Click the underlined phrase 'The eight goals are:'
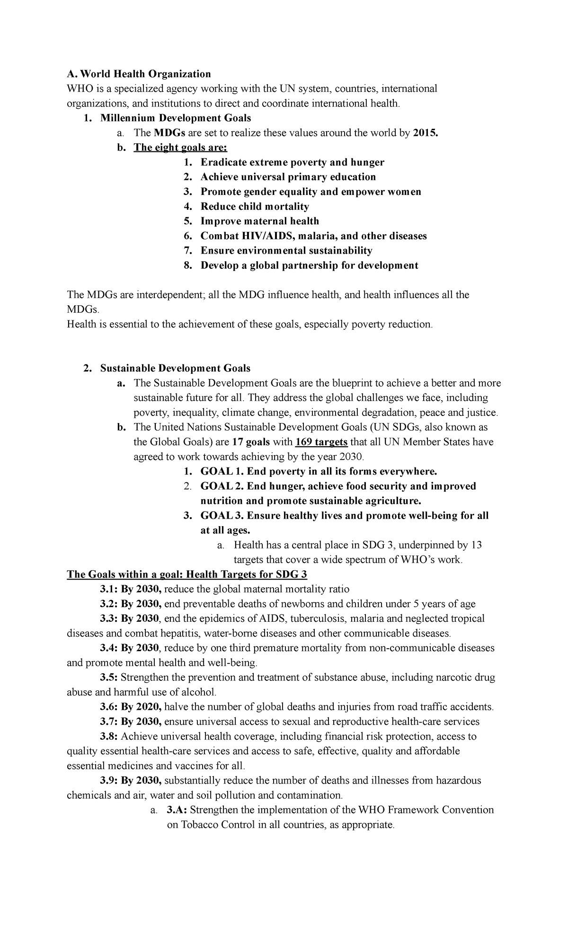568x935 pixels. tap(181, 147)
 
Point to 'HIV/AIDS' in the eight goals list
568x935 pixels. tap(264, 236)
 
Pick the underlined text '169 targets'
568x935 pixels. tap(321, 442)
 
